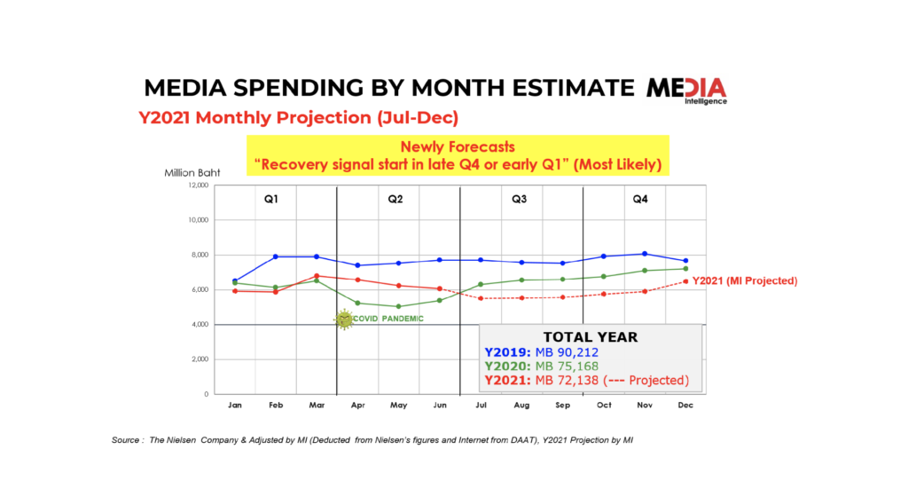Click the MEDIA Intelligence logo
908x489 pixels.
685,90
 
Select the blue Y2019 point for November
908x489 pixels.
645,254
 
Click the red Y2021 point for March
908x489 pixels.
317,275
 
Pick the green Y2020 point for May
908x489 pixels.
398,306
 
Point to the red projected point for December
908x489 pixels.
685,281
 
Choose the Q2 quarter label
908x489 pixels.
395,199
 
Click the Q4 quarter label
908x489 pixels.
640,199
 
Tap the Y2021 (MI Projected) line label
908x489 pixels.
745,280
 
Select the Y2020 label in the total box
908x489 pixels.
509,367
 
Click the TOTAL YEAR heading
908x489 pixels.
590,337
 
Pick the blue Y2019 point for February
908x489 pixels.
276,256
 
